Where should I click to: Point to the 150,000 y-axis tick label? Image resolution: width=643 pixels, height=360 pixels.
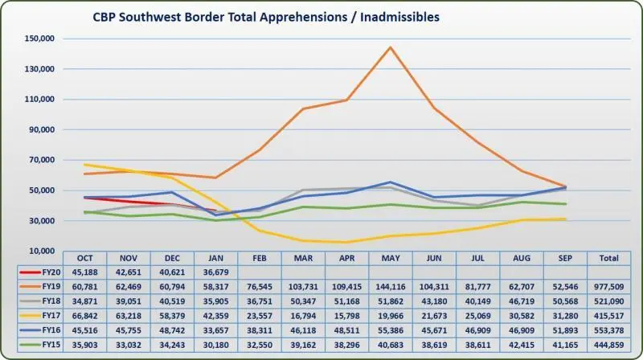[39, 39]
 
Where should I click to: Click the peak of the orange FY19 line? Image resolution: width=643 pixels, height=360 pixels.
[390, 47]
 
